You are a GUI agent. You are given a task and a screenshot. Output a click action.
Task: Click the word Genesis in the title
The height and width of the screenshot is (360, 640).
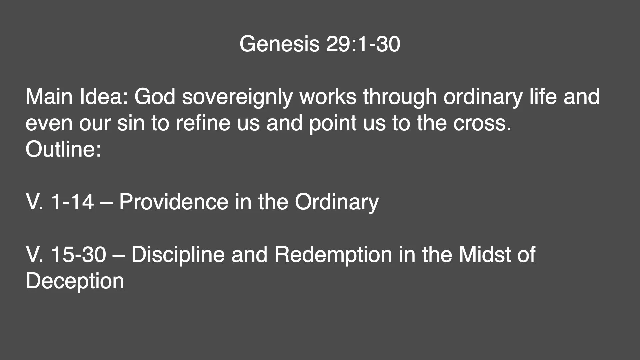[x=279, y=44]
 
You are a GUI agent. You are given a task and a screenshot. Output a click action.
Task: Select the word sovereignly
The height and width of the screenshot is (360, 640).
[x=237, y=97]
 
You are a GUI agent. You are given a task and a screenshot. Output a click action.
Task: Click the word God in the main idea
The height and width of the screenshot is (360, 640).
[x=155, y=97]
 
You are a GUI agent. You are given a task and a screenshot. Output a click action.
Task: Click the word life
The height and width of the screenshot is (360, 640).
[x=543, y=97]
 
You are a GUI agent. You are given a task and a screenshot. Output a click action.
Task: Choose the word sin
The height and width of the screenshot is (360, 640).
[x=131, y=123]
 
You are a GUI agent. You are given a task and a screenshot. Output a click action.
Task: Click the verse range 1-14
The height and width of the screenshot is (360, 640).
[x=72, y=202]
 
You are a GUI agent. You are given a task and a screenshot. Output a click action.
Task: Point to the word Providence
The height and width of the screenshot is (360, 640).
[x=173, y=202]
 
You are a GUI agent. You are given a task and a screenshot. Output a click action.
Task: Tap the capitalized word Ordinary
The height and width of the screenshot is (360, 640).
[x=337, y=202]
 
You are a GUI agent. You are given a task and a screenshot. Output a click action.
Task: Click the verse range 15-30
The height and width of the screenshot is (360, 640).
[x=78, y=255]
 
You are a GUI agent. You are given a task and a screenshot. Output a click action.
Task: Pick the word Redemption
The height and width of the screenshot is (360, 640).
[x=333, y=255]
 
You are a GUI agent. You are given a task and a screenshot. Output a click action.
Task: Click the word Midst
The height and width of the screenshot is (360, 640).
[x=485, y=255]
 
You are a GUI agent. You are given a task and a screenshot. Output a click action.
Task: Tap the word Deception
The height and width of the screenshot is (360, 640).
[x=75, y=281]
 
